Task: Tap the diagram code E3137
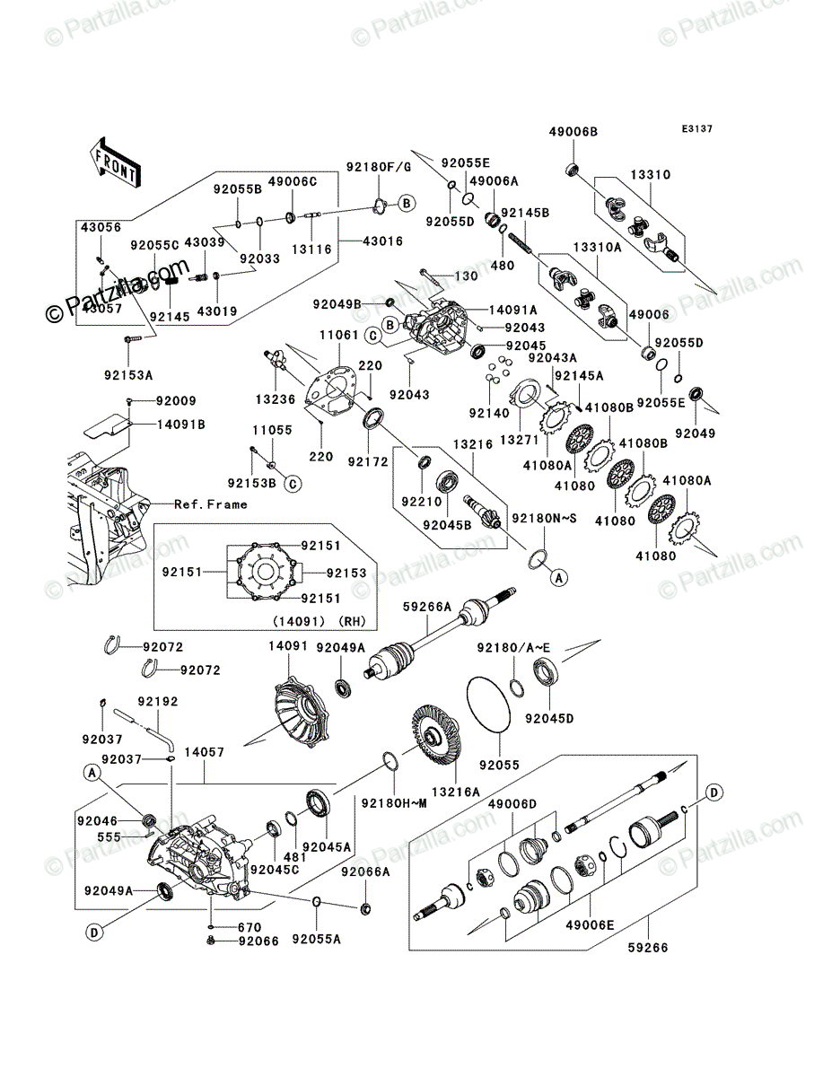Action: click(x=696, y=129)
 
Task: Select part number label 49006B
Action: click(x=573, y=132)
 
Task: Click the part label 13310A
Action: click(x=597, y=248)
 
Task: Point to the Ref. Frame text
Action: click(x=211, y=504)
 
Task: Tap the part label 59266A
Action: click(x=426, y=607)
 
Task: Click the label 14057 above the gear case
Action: click(x=204, y=752)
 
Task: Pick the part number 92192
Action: click(x=157, y=702)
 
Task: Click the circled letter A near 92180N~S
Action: click(x=558, y=578)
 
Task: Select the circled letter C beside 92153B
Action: click(x=293, y=484)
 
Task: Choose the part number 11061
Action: click(x=339, y=335)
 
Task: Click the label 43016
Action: click(x=382, y=241)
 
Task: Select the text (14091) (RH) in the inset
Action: click(x=320, y=621)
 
